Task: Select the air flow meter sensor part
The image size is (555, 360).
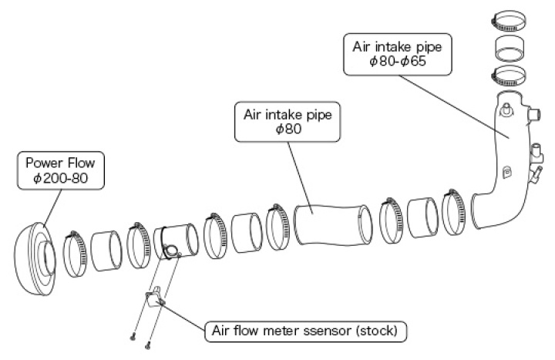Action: coord(154,296)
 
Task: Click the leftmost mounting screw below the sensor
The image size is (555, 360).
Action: coord(132,335)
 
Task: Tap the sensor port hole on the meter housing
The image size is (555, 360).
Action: coord(173,249)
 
